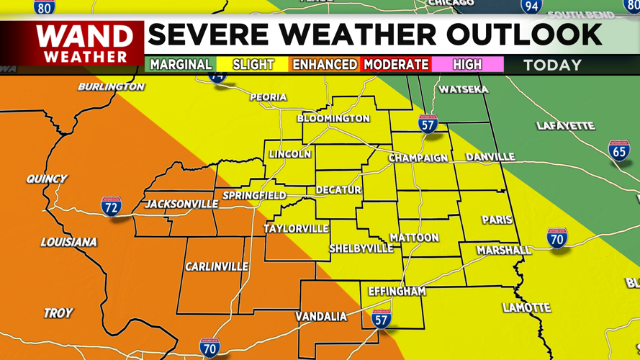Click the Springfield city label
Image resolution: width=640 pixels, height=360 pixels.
point(254,196)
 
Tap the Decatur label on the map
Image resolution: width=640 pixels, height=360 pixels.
point(338,190)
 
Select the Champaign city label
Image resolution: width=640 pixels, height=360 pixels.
point(418,158)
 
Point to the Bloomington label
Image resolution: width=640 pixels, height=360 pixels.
point(333,118)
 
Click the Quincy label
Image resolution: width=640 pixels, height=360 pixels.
point(46,179)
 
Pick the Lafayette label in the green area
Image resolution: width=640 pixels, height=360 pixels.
point(565,126)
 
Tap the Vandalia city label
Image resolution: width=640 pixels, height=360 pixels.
point(321,317)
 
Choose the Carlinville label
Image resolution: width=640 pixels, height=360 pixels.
point(217,267)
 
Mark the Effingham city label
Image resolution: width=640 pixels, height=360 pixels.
point(397,292)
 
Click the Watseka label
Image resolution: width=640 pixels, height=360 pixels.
point(464,90)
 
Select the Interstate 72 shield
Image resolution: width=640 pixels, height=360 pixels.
point(111,207)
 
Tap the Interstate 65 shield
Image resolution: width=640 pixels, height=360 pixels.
point(619,152)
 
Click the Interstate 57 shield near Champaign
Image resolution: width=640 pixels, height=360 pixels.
point(428,124)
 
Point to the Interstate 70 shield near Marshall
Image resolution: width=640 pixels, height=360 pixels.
point(557,238)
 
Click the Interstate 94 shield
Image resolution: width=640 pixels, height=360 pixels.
point(531,6)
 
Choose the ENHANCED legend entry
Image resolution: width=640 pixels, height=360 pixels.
point(324,65)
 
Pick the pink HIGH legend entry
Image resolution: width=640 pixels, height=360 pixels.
point(467,65)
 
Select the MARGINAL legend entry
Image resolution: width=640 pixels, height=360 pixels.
point(181,65)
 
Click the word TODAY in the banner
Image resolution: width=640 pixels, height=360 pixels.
point(552,65)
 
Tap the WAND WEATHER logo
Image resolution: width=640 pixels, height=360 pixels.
point(85,43)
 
